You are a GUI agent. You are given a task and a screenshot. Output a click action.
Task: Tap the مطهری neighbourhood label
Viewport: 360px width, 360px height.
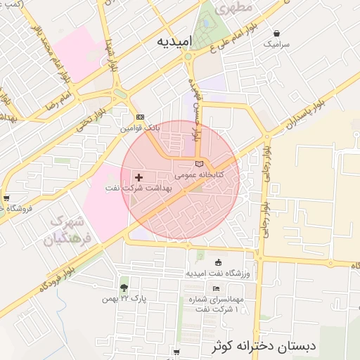(x=219, y=11)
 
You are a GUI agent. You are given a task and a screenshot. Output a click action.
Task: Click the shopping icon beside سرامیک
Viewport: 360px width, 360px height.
(x=276, y=33)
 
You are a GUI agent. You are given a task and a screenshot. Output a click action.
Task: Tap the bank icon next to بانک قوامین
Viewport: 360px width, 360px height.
(x=139, y=117)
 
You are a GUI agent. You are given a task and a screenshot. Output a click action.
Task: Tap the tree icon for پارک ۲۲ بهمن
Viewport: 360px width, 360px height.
(x=124, y=288)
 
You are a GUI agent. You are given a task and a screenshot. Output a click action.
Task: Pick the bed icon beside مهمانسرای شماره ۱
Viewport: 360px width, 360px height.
(x=215, y=288)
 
